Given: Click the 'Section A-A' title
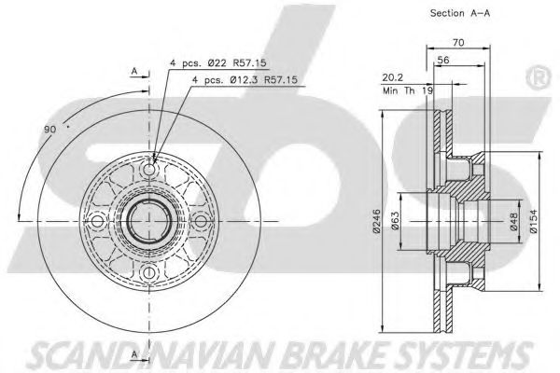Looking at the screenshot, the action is pyautogui.click(x=459, y=13).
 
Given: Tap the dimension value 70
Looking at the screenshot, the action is pyautogui.click(x=458, y=43).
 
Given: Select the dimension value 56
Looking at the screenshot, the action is pyautogui.click(x=443, y=60).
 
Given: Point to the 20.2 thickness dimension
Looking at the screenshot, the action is pyautogui.click(x=393, y=77).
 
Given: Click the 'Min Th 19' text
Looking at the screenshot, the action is pyautogui.click(x=408, y=90).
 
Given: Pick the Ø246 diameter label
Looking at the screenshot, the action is pyautogui.click(x=376, y=221).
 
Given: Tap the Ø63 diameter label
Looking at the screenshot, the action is pyautogui.click(x=395, y=221).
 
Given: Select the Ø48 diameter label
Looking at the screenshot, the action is pyautogui.click(x=514, y=222).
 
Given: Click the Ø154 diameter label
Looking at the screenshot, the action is pyautogui.click(x=533, y=221).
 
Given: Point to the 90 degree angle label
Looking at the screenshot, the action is pyautogui.click(x=50, y=130).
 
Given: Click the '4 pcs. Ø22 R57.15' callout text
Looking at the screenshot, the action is pyautogui.click(x=217, y=63).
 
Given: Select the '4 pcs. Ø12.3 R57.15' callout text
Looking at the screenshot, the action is pyautogui.click(x=245, y=79).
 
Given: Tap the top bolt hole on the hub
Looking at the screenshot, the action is pyautogui.click(x=149, y=170).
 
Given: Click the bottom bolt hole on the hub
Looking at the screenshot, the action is pyautogui.click(x=149, y=272).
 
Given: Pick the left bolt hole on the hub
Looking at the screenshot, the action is pyautogui.click(x=97, y=221).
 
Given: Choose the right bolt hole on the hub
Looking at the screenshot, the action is pyautogui.click(x=201, y=221).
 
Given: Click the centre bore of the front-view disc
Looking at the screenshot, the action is pyautogui.click(x=149, y=221).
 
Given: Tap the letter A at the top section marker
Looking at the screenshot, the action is pyautogui.click(x=134, y=71).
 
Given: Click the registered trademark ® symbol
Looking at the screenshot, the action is pyautogui.click(x=538, y=78).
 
